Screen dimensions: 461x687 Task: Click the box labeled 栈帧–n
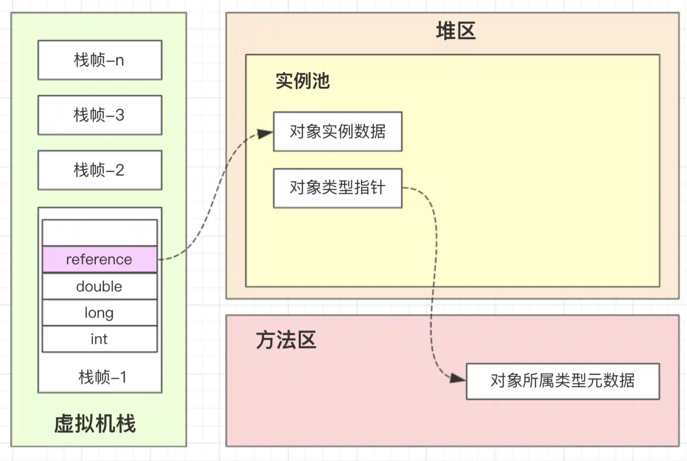100,60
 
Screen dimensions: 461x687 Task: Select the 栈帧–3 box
100,115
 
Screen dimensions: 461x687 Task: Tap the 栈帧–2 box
100,170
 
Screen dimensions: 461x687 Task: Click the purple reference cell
100,259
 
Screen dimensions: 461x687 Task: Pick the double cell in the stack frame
100,286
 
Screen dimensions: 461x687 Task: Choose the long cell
100,313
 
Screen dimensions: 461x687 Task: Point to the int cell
100,339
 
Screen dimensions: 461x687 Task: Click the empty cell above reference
100,232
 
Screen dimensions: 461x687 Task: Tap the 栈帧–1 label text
102,377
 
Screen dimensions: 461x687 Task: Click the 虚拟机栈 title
95,423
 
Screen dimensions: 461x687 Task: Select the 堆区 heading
456,31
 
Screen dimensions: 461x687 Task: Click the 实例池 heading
302,81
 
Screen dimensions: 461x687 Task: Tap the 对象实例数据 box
337,132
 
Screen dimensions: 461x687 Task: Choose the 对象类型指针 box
337,188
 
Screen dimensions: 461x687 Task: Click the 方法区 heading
286,340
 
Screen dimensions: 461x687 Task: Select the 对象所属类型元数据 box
562,381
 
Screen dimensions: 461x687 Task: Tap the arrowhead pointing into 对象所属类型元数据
458,378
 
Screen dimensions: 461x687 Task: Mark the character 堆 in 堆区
446,31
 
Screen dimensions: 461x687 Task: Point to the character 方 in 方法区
266,340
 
